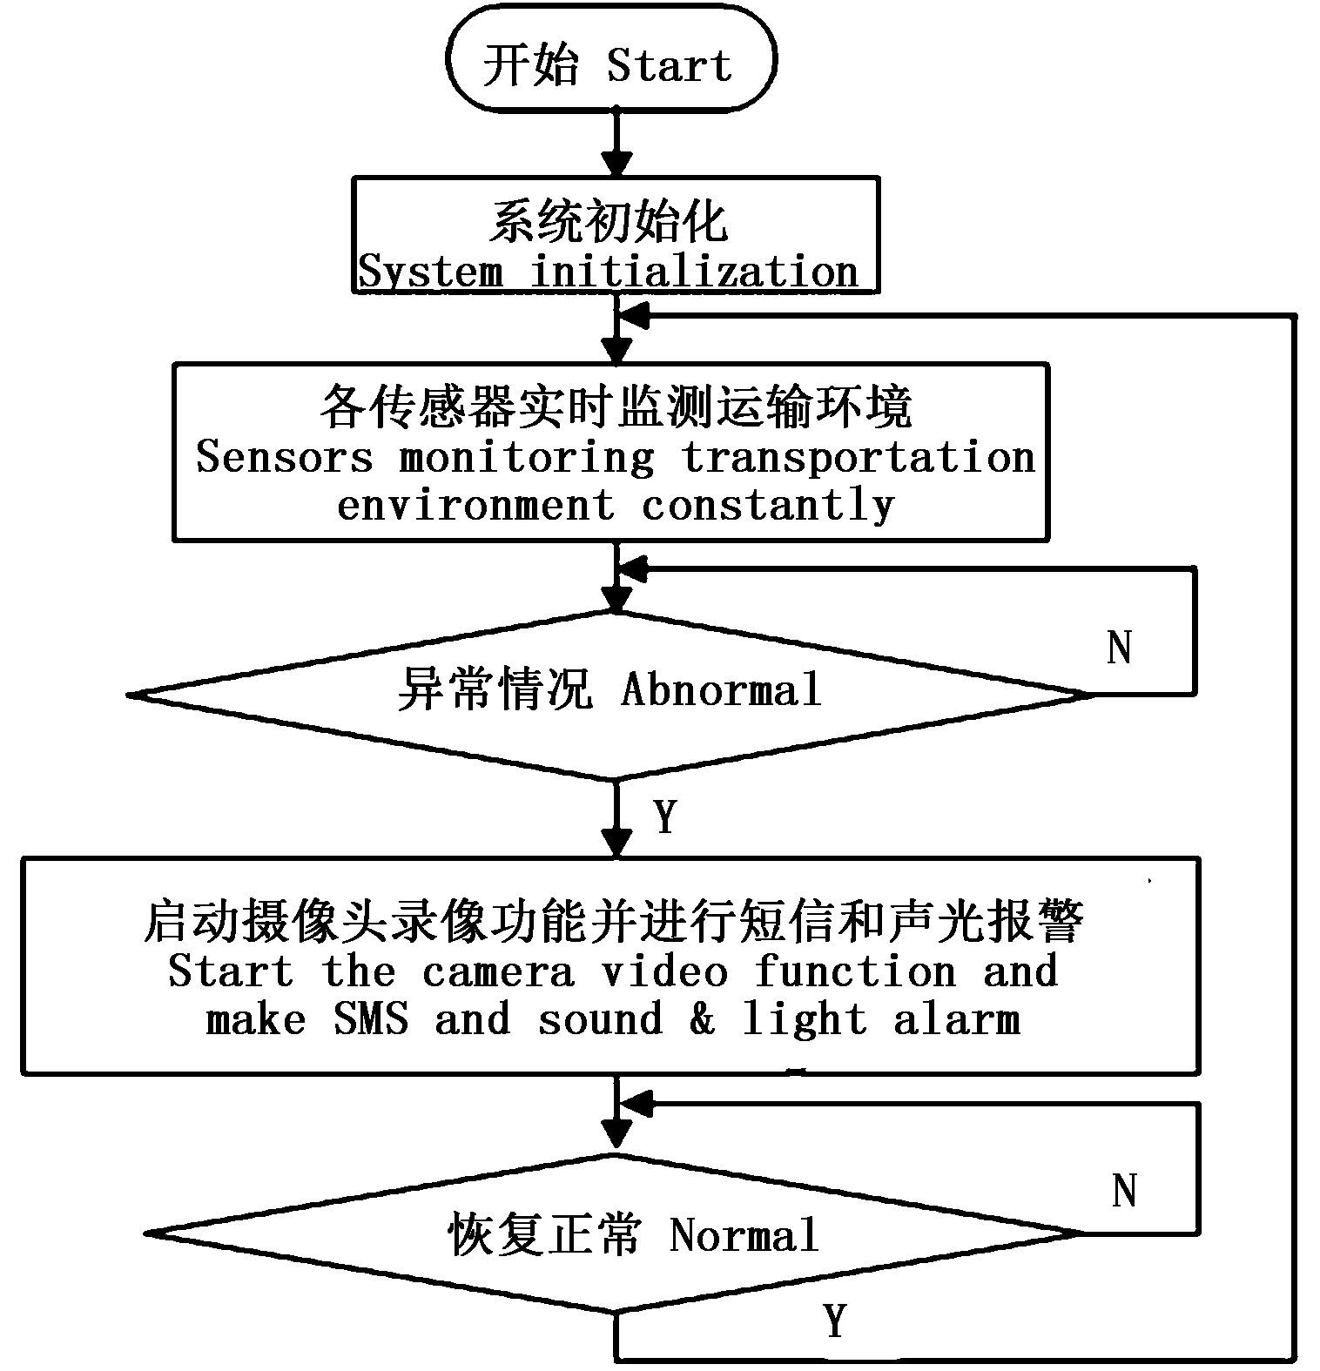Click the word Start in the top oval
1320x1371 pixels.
click(669, 66)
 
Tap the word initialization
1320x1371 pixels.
click(695, 272)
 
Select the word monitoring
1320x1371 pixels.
click(526, 458)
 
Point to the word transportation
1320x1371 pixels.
click(859, 458)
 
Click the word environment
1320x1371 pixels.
click(475, 505)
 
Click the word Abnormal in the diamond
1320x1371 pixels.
click(721, 691)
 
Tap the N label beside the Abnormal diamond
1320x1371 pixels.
click(1120, 648)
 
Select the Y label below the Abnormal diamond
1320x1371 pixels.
click(665, 817)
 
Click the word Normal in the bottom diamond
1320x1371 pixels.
click(744, 1234)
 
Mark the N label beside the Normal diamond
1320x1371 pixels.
click(1124, 1190)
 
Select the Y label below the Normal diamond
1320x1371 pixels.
click(835, 1321)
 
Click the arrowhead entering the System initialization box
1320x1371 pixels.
click(616, 164)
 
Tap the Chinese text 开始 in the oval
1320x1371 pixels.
click(530, 66)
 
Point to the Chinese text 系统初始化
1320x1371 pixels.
click(608, 223)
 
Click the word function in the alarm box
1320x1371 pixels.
click(855, 971)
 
